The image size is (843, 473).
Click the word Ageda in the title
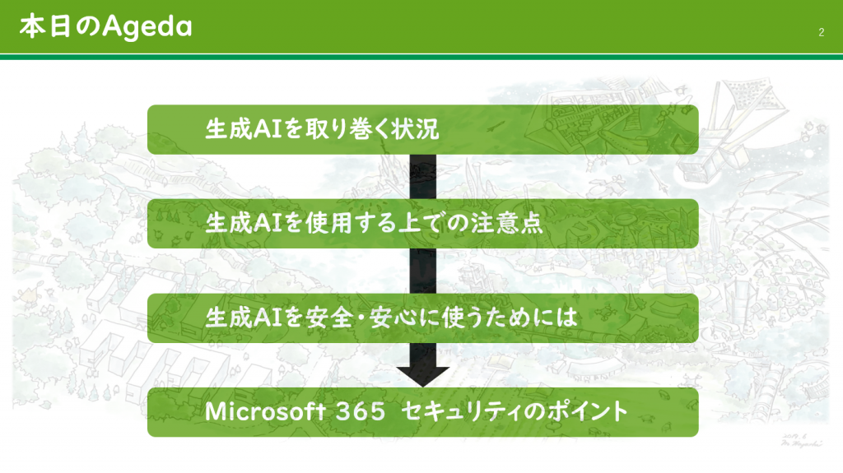point(147,26)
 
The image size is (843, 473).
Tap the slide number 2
point(821,32)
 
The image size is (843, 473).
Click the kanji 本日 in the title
point(44,26)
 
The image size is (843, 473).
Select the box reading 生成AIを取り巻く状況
point(422,129)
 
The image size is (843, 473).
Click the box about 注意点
point(422,224)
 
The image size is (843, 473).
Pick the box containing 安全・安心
point(422,318)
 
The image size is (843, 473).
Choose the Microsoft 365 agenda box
point(422,412)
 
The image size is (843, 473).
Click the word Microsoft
point(265,412)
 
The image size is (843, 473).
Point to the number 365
point(361,412)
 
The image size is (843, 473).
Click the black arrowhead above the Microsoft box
point(422,375)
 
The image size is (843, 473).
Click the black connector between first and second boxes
point(422,177)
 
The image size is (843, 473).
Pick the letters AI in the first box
point(268,129)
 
